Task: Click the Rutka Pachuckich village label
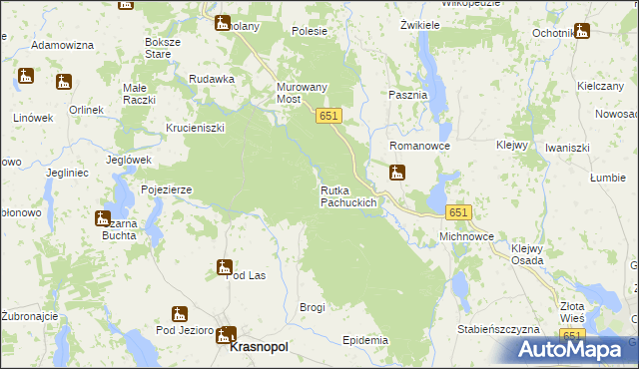point(348,196)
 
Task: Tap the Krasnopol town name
point(259,347)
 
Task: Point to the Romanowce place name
point(420,147)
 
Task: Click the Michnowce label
point(466,237)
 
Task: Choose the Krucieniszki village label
point(196,128)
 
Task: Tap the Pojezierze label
point(167,188)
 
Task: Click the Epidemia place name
point(364,340)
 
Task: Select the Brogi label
point(313,307)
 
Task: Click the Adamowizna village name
point(62,46)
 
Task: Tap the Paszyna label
point(407,95)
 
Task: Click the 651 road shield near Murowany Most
point(330,117)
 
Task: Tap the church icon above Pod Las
point(225,266)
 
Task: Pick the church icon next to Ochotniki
point(582,30)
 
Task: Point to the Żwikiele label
point(420,24)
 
